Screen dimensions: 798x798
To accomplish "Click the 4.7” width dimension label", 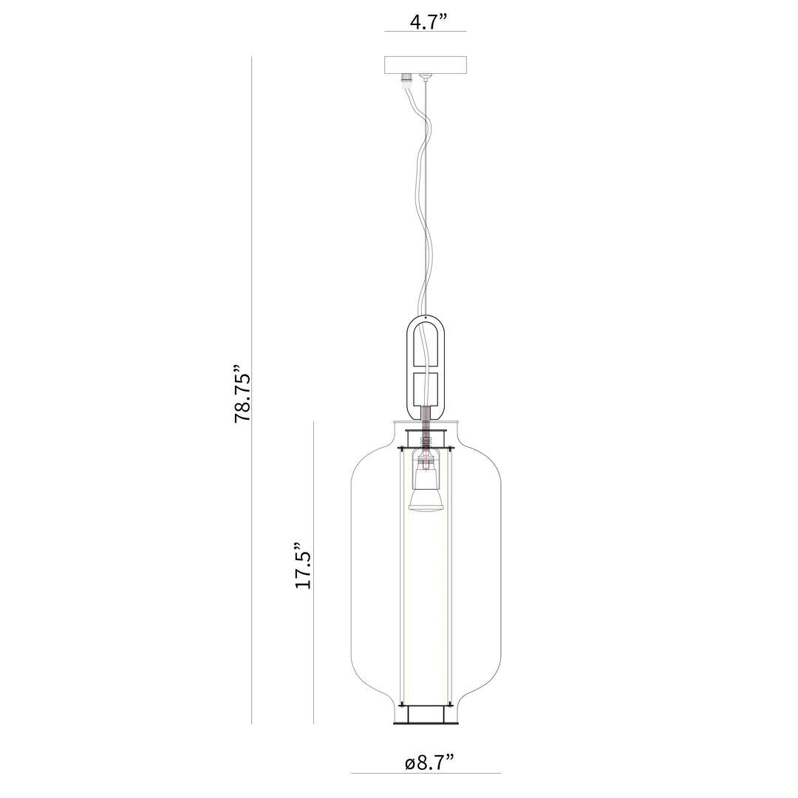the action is [x=429, y=22].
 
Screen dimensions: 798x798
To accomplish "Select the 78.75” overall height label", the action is [x=242, y=393].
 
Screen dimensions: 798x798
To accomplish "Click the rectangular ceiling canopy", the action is [x=426, y=64].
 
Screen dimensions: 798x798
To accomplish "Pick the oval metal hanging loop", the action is [x=426, y=367].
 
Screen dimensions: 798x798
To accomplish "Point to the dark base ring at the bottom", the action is [x=426, y=723].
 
